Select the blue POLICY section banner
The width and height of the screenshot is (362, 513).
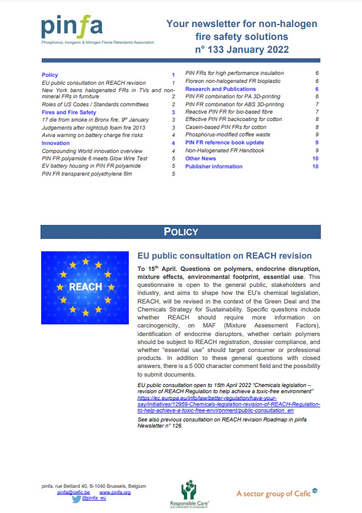tap(181, 232)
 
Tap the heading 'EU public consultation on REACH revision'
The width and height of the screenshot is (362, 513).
tap(225, 256)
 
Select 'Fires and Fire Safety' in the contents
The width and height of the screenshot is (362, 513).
tap(69, 112)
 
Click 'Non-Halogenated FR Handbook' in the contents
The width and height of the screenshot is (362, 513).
tap(225, 151)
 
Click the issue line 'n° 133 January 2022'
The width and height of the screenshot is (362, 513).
tap(242, 49)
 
